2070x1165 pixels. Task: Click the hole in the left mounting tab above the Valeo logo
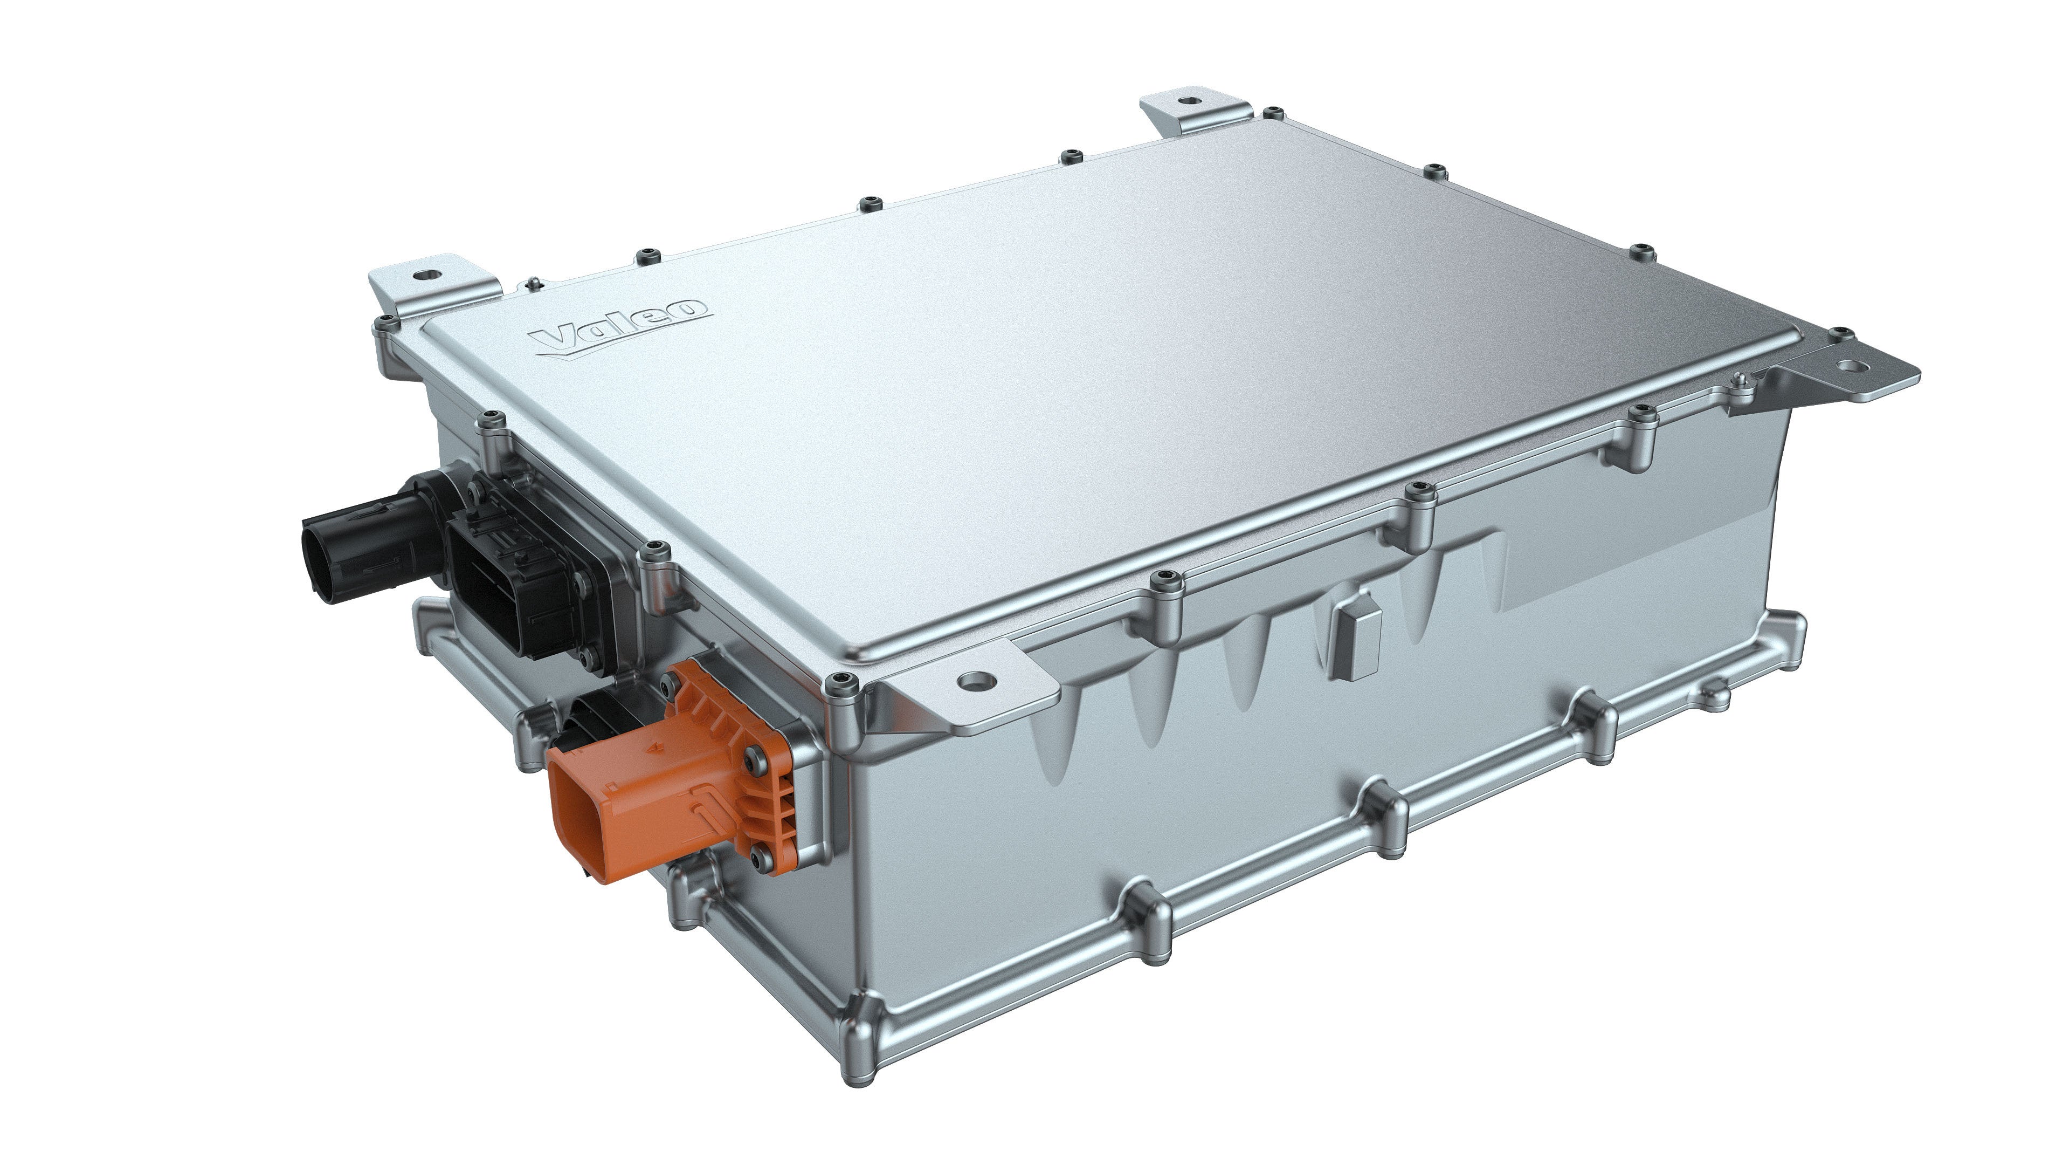[422, 276]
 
